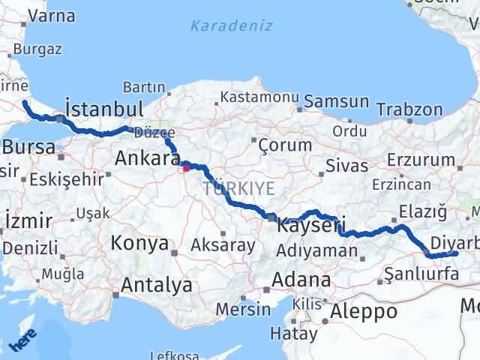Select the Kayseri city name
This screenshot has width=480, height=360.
pyautogui.click(x=310, y=224)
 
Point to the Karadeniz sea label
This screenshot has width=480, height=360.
pyautogui.click(x=222, y=27)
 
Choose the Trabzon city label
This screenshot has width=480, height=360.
pyautogui.click(x=409, y=109)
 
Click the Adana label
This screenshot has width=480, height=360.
pyautogui.click(x=301, y=280)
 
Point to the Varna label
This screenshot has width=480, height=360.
pyautogui.click(x=52, y=15)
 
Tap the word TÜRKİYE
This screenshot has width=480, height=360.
pyautogui.click(x=238, y=188)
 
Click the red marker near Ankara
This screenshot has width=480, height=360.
pyautogui.click(x=186, y=168)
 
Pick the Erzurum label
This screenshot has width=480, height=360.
pyautogui.click(x=427, y=160)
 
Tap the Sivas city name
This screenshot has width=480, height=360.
pyautogui.click(x=347, y=166)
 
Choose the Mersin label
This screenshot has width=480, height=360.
pyautogui.click(x=242, y=308)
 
